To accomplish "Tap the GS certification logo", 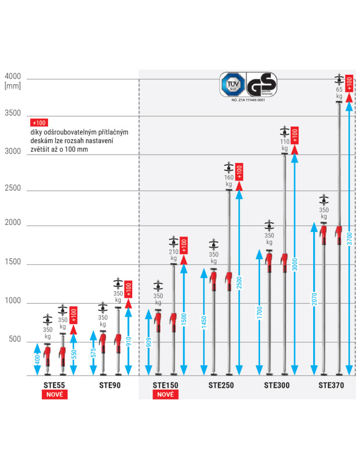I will pos(261,83).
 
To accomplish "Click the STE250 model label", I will pos(221,385).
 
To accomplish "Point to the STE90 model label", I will pos(110,385).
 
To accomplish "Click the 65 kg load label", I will pos(339,93).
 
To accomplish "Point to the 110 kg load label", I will pos(284,145).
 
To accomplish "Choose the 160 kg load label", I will pos(229,180).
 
